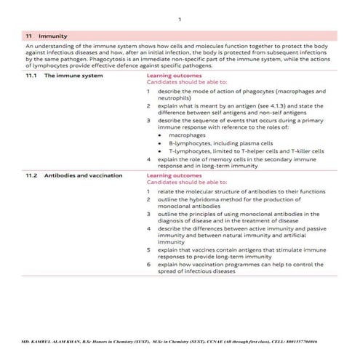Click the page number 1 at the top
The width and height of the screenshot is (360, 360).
coord(180,20)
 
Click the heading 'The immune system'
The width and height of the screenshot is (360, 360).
coord(69,75)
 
